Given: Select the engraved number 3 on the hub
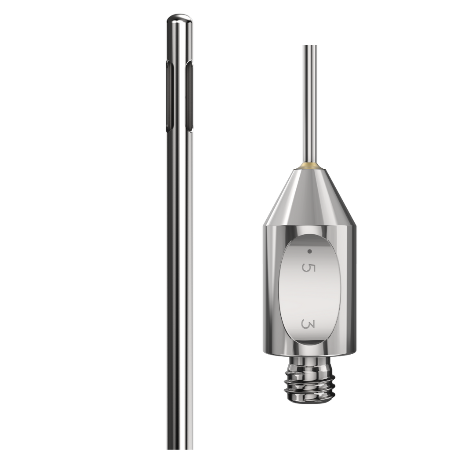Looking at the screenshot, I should pyautogui.click(x=308, y=324).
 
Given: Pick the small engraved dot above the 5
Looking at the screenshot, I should pyautogui.click(x=310, y=251).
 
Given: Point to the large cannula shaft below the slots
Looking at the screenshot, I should pyautogui.click(x=179, y=286).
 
